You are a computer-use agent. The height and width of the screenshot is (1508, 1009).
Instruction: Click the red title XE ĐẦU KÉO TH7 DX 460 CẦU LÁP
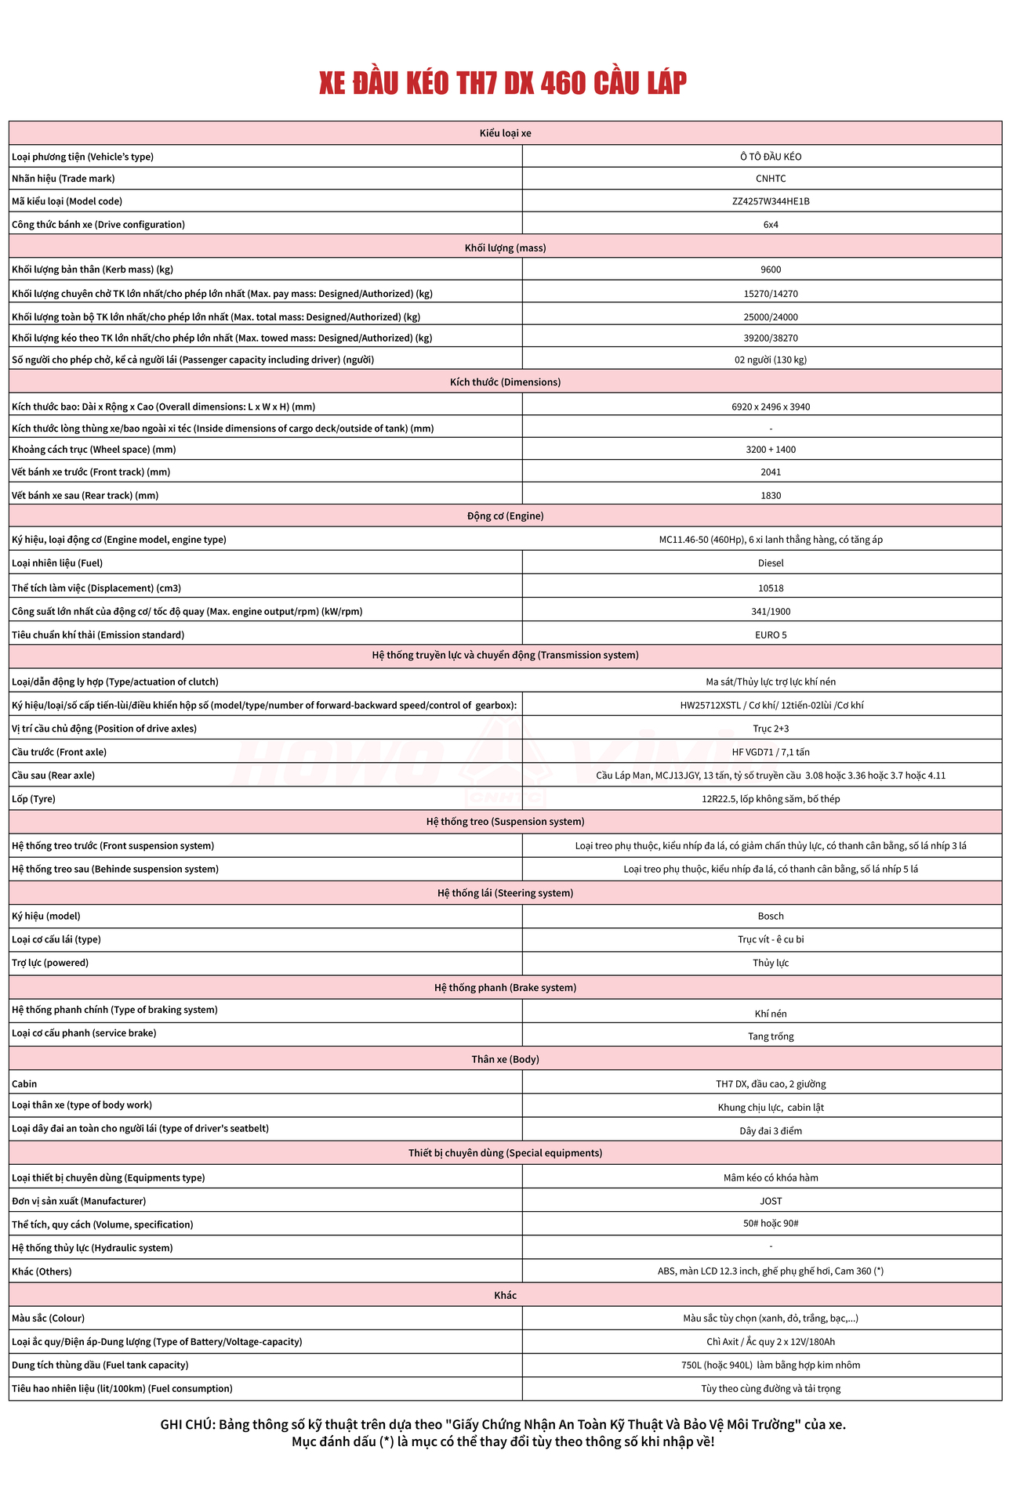(503, 83)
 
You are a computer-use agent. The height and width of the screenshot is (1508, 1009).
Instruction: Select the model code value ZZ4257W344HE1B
(770, 201)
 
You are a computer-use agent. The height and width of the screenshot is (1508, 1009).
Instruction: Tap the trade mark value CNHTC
(770, 179)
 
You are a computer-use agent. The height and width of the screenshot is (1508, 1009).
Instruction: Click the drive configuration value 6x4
(770, 225)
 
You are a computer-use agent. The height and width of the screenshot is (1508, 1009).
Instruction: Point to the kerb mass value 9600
(770, 269)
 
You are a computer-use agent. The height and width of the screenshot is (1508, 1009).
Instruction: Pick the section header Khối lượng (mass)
(505, 248)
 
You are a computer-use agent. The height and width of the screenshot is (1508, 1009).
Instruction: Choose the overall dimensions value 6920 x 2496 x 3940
(770, 407)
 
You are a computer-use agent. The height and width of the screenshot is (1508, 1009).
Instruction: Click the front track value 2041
(770, 472)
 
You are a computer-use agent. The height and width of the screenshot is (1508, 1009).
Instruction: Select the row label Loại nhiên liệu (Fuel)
(57, 563)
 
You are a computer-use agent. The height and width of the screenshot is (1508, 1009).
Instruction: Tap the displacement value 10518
(770, 588)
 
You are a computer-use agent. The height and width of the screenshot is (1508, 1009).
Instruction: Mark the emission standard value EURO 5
(770, 635)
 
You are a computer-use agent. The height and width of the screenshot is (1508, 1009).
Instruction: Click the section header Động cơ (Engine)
(505, 516)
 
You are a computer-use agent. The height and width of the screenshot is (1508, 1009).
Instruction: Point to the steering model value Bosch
(770, 917)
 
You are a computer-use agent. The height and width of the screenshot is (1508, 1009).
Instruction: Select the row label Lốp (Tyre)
(34, 799)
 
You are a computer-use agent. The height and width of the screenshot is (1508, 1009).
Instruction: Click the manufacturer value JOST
(770, 1201)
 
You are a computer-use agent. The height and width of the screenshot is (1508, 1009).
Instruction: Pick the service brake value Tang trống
(770, 1036)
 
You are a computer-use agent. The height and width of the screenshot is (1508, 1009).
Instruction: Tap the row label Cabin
(24, 1084)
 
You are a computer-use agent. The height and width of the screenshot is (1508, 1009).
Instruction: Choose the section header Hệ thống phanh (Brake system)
(505, 988)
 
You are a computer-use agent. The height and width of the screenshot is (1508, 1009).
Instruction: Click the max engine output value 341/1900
(770, 612)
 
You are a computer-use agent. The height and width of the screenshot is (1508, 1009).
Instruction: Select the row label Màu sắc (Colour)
(48, 1318)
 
